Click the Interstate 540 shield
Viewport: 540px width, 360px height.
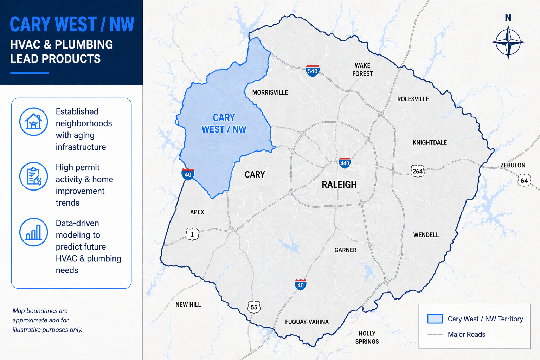pos(313,71)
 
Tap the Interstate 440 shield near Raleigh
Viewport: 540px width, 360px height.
pos(345,163)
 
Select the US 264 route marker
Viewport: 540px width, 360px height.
pos(417,171)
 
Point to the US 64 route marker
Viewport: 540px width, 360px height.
pos(524,181)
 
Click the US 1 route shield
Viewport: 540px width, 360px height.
pos(192,234)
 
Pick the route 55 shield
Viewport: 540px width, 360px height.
pos(254,307)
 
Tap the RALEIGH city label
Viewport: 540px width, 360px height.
pos(339,185)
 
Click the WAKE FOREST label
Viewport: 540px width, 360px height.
pos(362,70)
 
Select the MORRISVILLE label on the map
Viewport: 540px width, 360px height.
pos(270,92)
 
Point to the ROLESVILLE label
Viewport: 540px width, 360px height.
pos(413,99)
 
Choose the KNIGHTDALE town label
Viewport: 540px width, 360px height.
pos(430,142)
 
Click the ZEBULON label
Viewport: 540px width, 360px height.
pos(513,165)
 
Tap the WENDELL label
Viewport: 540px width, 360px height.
pos(426,235)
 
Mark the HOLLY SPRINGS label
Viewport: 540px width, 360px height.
pos(367,337)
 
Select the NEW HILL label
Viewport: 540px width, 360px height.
pos(188,304)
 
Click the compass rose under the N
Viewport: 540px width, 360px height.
pos(508,43)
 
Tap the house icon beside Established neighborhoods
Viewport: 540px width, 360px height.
pos(33,122)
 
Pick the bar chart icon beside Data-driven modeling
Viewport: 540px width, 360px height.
pos(33,232)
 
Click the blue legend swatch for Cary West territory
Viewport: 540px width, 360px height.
pos(435,319)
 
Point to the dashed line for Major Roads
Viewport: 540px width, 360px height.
pos(435,334)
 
